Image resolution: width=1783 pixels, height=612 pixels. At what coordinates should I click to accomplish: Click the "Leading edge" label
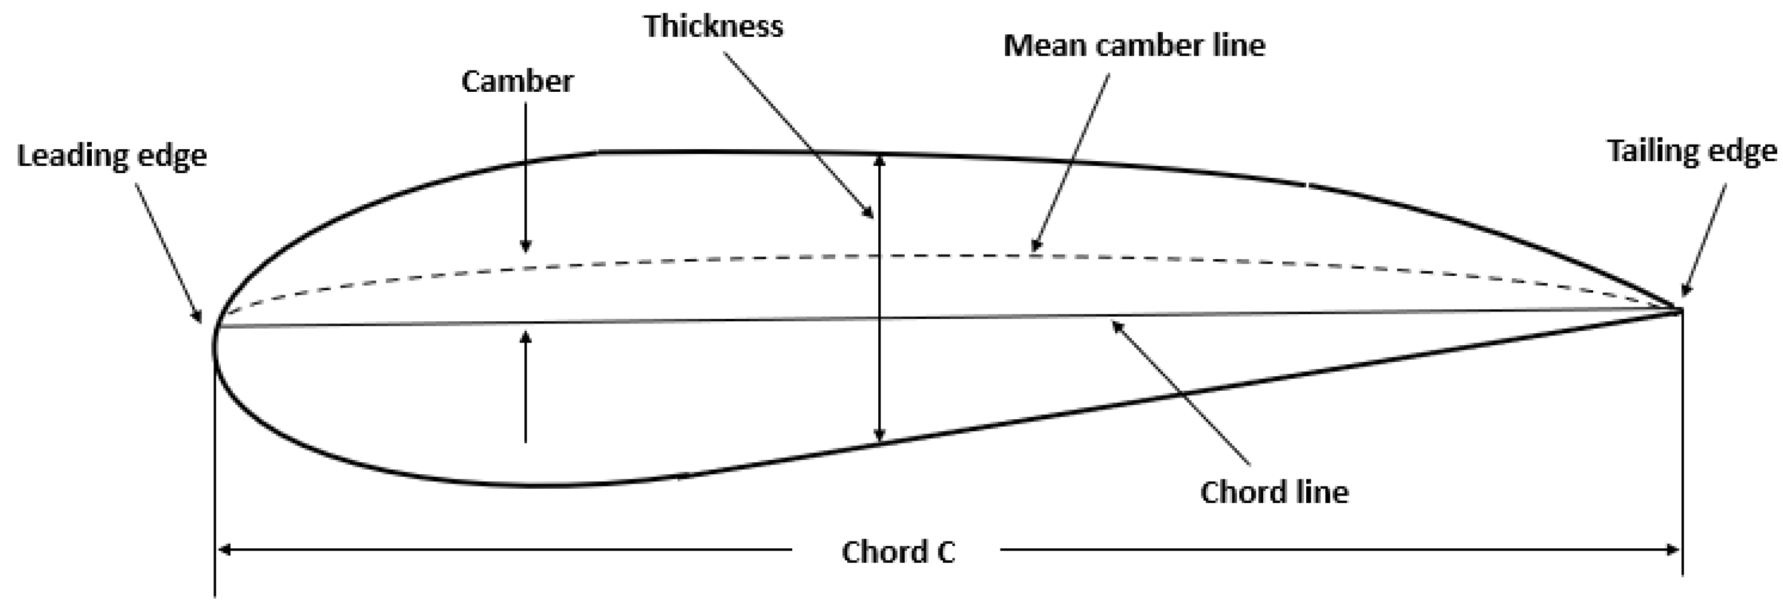111,156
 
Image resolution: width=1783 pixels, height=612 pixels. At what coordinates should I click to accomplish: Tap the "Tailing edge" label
1691,151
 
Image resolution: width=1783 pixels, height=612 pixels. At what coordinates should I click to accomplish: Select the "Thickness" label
714,26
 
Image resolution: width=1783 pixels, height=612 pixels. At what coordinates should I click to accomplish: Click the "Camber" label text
517,81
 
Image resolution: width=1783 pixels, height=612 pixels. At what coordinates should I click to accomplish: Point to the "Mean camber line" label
1134,46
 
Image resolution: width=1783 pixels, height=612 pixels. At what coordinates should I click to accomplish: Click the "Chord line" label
1274,492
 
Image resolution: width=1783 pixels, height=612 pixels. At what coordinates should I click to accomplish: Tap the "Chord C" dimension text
898,552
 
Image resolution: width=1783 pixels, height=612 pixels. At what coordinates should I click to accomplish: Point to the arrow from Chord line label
1180,392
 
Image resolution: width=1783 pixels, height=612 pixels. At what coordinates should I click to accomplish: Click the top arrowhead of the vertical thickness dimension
879,160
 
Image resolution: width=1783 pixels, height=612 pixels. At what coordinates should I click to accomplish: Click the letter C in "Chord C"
945,552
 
